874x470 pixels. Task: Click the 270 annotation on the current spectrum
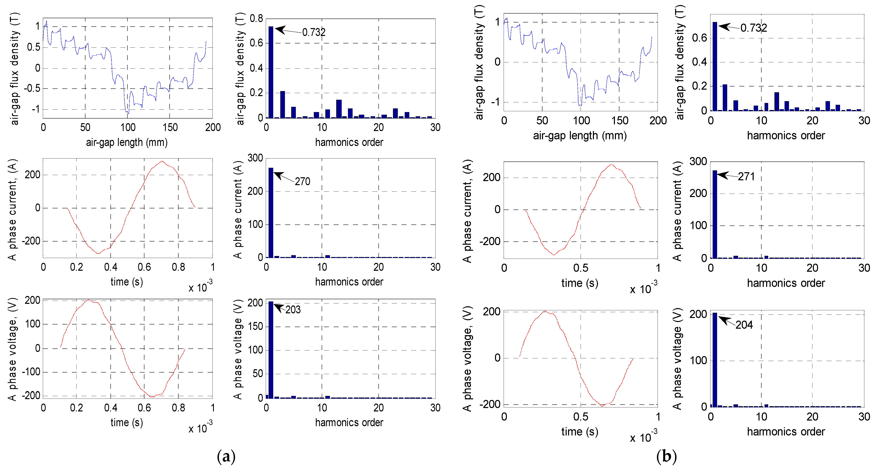click(302, 181)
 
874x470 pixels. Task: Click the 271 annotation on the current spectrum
click(746, 177)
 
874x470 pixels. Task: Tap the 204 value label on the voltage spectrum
click(744, 325)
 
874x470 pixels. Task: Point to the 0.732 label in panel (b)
click(754, 28)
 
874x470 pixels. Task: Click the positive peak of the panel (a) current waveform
click(162, 162)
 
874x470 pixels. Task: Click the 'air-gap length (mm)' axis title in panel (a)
click(127, 142)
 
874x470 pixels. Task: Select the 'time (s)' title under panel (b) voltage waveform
click(580, 431)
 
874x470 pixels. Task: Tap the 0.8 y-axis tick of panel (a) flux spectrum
click(256, 19)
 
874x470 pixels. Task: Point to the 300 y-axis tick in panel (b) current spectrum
click(698, 162)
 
